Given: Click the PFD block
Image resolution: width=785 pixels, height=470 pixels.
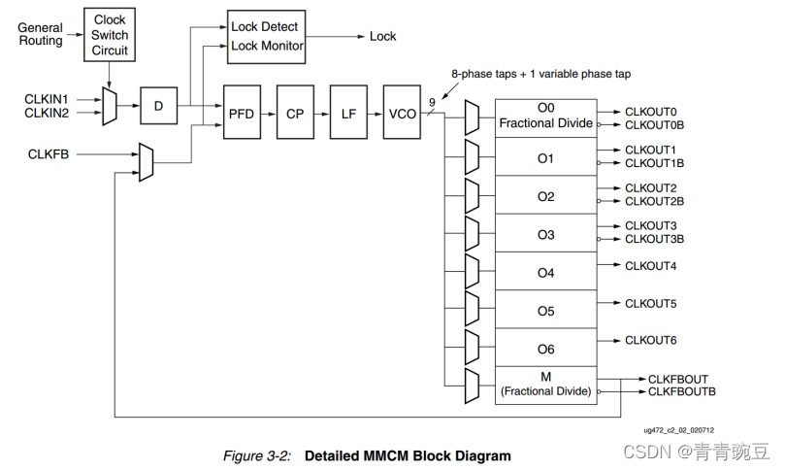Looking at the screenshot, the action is [x=242, y=112].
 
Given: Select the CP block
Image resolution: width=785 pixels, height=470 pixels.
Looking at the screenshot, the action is [x=295, y=112].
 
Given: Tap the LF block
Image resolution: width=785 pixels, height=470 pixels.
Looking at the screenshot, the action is [x=348, y=112].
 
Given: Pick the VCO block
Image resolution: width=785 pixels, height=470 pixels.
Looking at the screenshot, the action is [x=402, y=112].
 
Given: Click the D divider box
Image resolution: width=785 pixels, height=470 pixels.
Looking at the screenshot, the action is [x=159, y=106].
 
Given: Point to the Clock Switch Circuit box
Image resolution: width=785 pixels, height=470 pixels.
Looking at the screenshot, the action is [x=110, y=35].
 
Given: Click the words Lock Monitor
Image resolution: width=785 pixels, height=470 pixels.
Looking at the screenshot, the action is [x=267, y=46].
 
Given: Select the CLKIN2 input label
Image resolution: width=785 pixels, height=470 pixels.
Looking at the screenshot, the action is [x=47, y=114].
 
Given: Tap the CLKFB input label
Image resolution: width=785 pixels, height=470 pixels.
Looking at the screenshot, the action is [x=49, y=154].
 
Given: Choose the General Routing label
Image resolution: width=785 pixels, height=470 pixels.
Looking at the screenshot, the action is [x=41, y=34].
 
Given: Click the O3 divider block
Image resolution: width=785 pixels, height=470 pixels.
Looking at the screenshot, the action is [x=546, y=233].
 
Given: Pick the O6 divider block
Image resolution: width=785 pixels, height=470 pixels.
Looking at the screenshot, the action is [x=546, y=348].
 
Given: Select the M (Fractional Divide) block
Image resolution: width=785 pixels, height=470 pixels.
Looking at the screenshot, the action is [x=546, y=386].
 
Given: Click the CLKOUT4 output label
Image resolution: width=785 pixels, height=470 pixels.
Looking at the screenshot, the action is [x=650, y=266].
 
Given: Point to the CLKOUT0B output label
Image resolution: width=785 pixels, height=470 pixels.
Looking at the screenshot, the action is [x=654, y=125].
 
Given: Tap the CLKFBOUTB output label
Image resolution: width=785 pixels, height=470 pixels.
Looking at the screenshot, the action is [x=682, y=392].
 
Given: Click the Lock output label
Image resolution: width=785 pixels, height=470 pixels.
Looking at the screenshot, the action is [x=383, y=37].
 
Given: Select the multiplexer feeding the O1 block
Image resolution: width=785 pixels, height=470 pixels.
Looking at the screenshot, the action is [x=472, y=157].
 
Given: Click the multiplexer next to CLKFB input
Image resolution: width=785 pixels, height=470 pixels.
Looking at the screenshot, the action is [x=146, y=162].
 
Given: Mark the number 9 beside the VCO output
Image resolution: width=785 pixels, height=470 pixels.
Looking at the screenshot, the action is [x=432, y=103].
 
